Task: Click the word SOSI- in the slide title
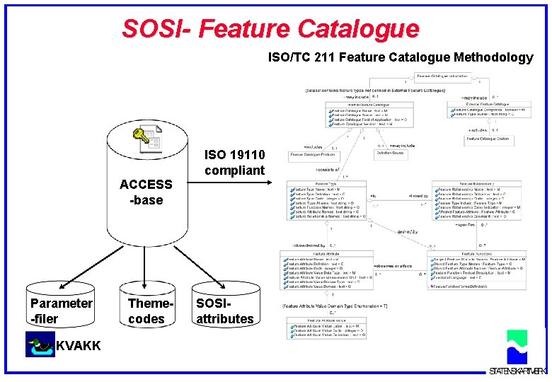click(x=156, y=29)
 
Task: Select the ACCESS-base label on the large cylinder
click(x=146, y=192)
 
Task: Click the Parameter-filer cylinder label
click(x=61, y=311)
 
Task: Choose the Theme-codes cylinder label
click(x=146, y=311)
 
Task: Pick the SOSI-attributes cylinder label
click(x=224, y=311)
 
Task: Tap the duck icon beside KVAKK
click(x=40, y=345)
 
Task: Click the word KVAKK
click(x=78, y=345)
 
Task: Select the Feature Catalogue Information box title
click(x=442, y=76)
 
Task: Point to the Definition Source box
click(x=389, y=153)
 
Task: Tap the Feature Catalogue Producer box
click(x=311, y=154)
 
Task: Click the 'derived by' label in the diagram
click(x=408, y=231)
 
